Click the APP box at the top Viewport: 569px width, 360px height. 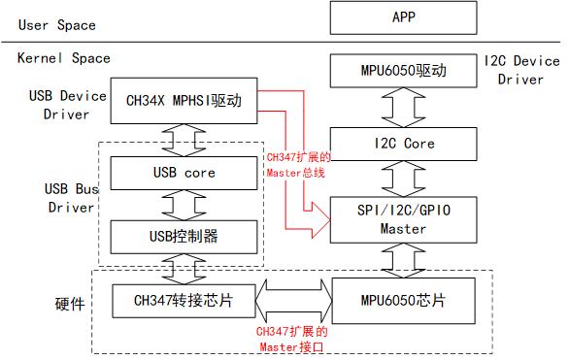pyautogui.click(x=403, y=17)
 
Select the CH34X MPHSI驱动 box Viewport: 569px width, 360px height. pyautogui.click(x=184, y=100)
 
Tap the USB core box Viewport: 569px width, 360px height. pyautogui.click(x=184, y=173)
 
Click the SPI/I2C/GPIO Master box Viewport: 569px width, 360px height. pyautogui.click(x=403, y=220)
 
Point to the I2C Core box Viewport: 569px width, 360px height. pyautogui.click(x=403, y=144)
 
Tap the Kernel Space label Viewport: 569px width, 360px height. pyautogui.click(x=64, y=58)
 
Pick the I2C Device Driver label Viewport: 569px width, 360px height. pyautogui.click(x=520, y=70)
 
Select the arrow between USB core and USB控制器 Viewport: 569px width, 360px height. pyautogui.click(x=184, y=204)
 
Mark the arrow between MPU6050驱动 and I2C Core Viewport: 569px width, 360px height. pyautogui.click(x=403, y=107)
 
